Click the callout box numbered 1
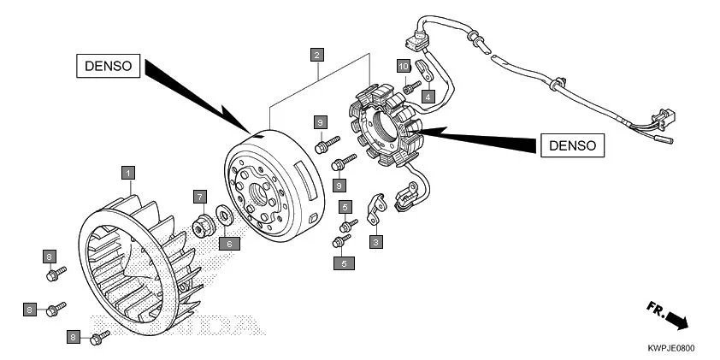click(128, 173)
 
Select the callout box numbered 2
click(317, 56)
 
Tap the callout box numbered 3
click(375, 242)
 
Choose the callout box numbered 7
click(199, 197)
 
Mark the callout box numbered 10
click(403, 66)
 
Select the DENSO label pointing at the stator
click(572, 145)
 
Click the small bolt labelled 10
click(410, 86)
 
